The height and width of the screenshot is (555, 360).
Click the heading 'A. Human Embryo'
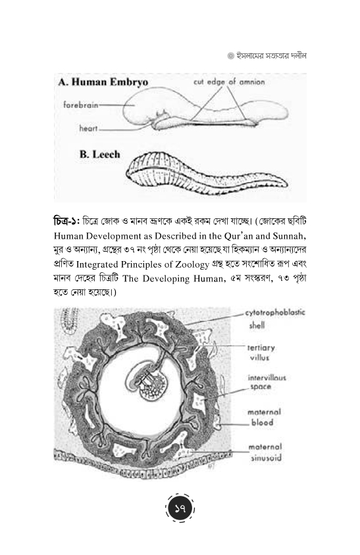click(x=103, y=82)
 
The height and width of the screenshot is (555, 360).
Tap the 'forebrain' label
click(x=81, y=105)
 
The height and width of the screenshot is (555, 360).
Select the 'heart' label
click(x=88, y=128)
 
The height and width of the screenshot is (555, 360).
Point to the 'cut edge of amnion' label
click(x=229, y=82)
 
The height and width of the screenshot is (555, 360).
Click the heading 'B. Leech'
click(x=100, y=155)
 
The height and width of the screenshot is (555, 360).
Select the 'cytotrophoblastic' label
click(x=275, y=313)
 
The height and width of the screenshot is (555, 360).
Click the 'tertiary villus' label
click(x=261, y=352)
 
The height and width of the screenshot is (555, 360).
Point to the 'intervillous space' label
click(x=267, y=382)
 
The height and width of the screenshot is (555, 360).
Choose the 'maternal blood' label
click(x=264, y=418)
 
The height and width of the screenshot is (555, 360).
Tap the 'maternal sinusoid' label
click(x=265, y=452)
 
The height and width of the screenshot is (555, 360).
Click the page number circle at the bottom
click(x=180, y=509)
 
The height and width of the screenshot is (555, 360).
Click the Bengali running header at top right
click(x=267, y=56)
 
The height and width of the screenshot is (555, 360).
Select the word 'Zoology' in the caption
click(x=192, y=265)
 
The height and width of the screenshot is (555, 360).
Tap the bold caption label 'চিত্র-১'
click(x=66, y=222)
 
